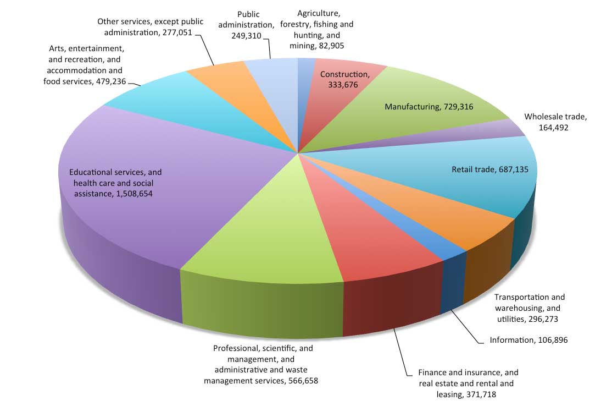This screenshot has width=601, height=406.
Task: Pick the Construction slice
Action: pyautogui.click(x=337, y=92)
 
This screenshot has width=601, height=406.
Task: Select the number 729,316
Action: pyautogui.click(x=458, y=107)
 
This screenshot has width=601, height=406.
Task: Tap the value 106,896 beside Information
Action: pyautogui.click(x=553, y=340)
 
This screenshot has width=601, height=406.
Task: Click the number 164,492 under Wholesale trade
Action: pyautogui.click(x=553, y=128)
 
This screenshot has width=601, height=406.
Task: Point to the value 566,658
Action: pyautogui.click(x=303, y=381)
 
